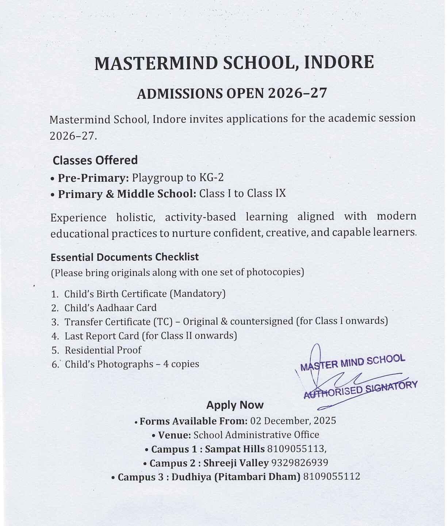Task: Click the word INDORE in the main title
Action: [339, 62]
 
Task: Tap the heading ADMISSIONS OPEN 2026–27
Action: [232, 94]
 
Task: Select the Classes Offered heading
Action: [95, 160]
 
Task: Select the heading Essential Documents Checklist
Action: [125, 257]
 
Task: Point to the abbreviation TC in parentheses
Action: [162, 322]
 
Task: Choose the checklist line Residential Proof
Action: [103, 350]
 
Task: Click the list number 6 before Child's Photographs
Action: [55, 364]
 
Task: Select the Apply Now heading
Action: [235, 405]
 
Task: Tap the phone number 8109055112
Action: [332, 477]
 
